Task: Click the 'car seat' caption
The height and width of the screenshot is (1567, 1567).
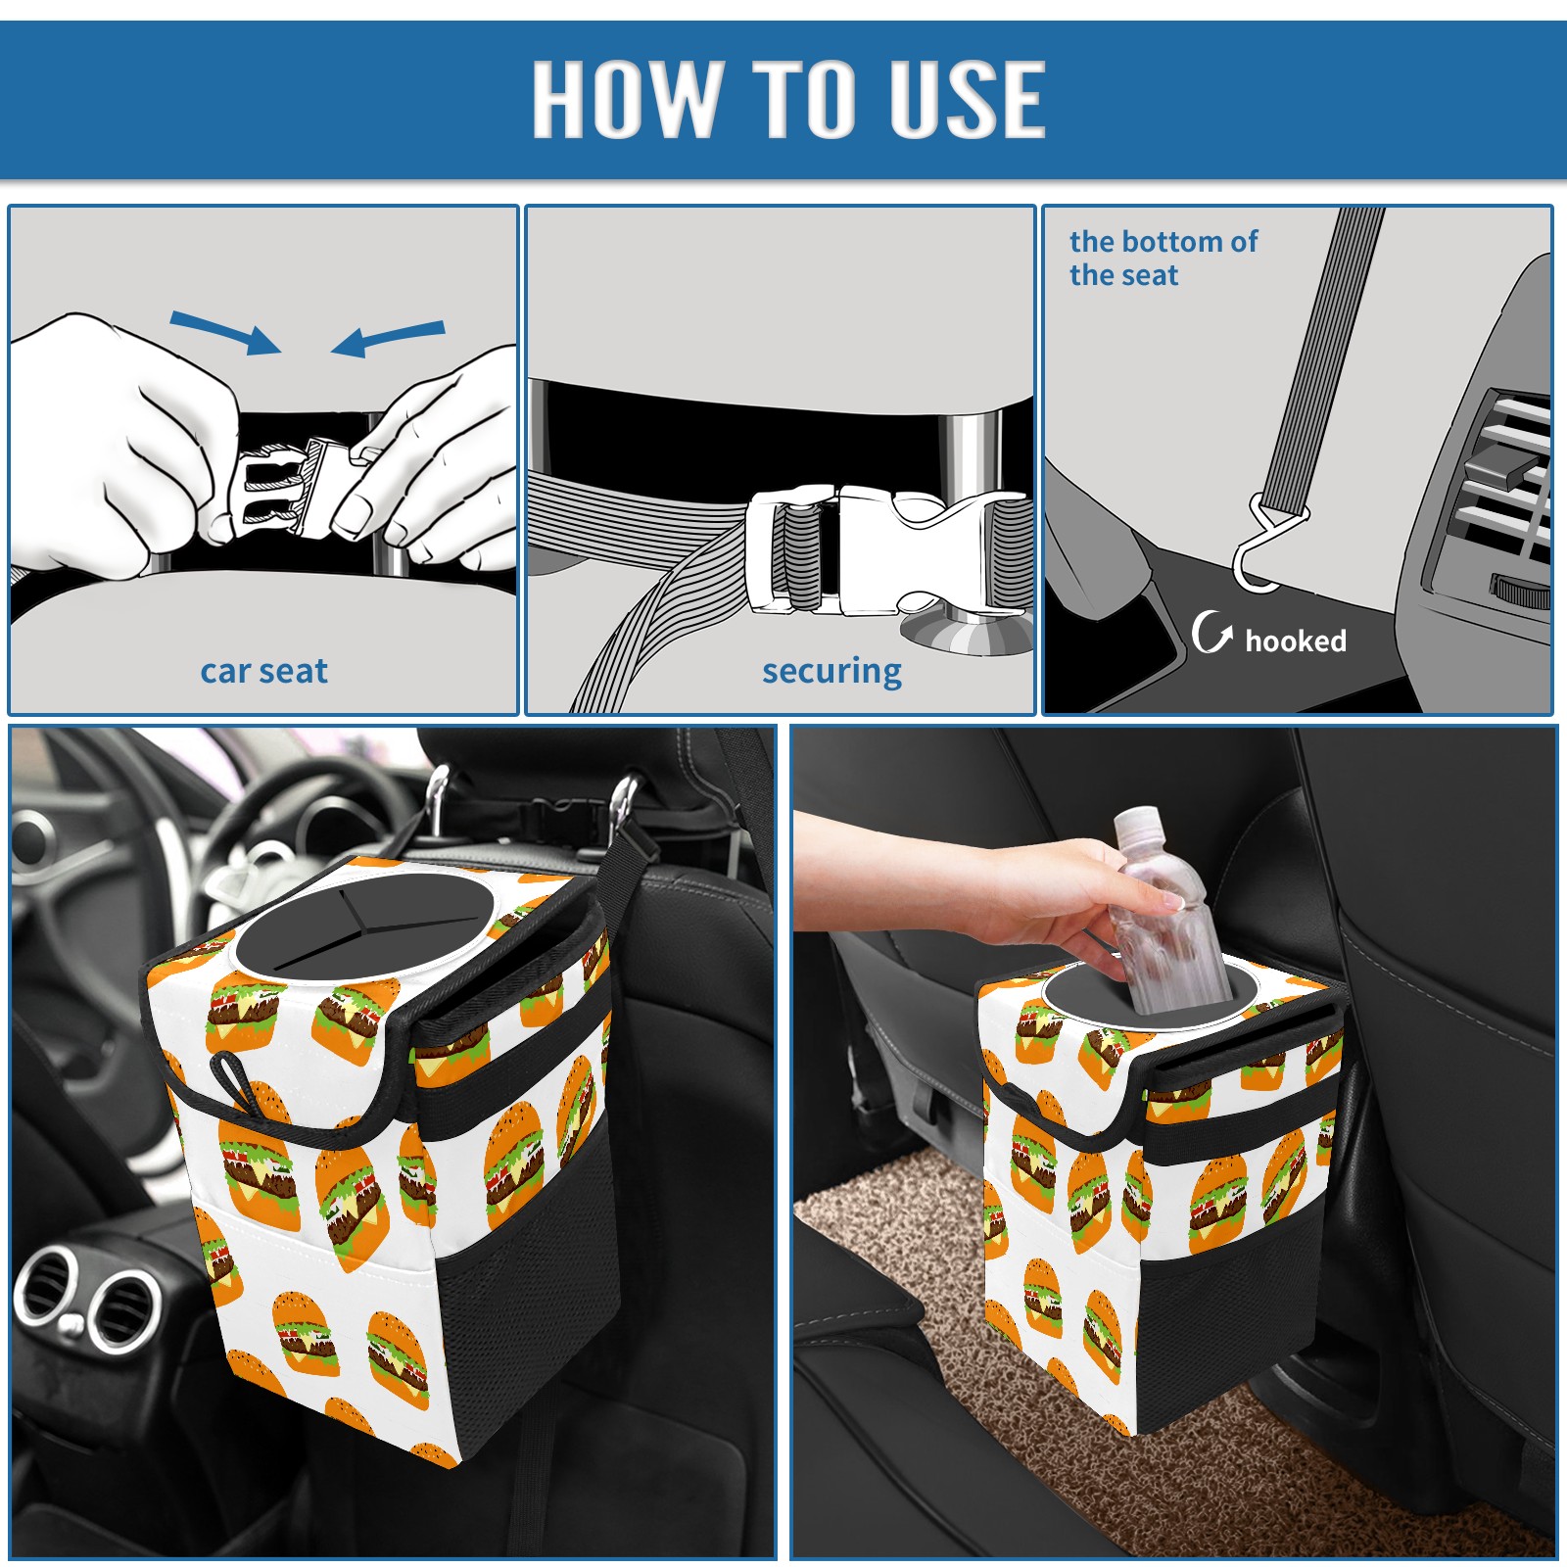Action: pyautogui.click(x=263, y=671)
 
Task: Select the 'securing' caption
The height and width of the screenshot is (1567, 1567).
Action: pyautogui.click(x=831, y=672)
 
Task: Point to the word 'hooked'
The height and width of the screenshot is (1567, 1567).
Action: pyautogui.click(x=1296, y=641)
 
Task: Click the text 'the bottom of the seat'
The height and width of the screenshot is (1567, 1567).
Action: pyautogui.click(x=1163, y=258)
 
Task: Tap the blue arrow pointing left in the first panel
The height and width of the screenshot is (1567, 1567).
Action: pyautogui.click(x=388, y=338)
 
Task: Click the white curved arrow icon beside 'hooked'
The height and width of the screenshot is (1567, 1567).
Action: pyautogui.click(x=1211, y=632)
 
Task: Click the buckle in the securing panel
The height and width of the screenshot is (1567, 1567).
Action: pyautogui.click(x=886, y=550)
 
